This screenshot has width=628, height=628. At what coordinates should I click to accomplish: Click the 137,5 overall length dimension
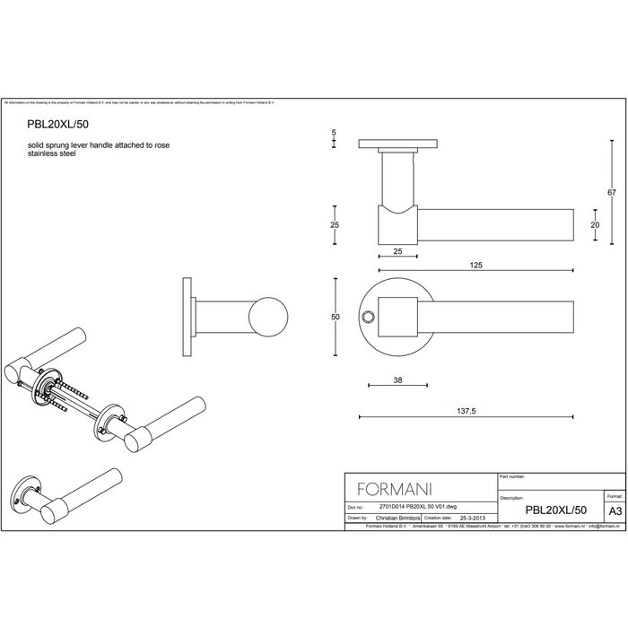(x=466, y=407)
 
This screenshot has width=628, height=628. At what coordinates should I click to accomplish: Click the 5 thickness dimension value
(x=334, y=133)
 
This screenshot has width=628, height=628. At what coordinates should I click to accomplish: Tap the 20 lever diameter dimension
(x=594, y=225)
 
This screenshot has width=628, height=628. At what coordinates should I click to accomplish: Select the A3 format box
(x=615, y=509)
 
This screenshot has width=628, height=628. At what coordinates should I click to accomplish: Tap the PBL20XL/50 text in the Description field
(x=556, y=509)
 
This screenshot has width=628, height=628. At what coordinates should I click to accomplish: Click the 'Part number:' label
(x=513, y=477)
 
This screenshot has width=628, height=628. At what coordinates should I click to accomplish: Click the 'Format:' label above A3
(x=615, y=495)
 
